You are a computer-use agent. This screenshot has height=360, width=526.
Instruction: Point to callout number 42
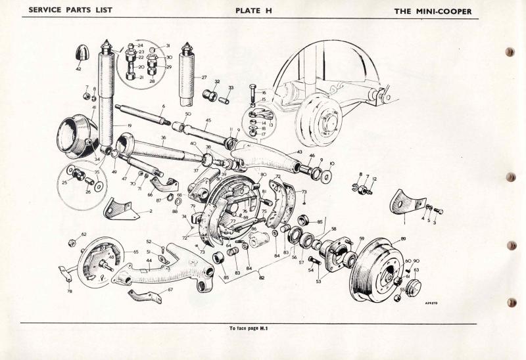pos(78,68)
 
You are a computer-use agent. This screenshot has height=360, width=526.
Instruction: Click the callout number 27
pos(204,77)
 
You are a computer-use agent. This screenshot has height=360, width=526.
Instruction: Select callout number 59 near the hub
pos(361,238)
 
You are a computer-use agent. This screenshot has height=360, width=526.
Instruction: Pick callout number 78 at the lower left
pos(69,291)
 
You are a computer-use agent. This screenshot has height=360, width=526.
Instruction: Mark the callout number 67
pos(170,289)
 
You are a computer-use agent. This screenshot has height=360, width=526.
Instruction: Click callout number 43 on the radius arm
pos(299,152)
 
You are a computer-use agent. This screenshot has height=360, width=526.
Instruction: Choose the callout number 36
pos(163,137)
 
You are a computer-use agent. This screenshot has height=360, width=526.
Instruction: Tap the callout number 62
pos(84,234)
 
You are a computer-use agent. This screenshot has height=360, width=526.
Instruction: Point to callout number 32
pos(216,81)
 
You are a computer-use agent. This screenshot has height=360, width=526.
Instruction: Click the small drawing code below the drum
pos(431,304)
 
